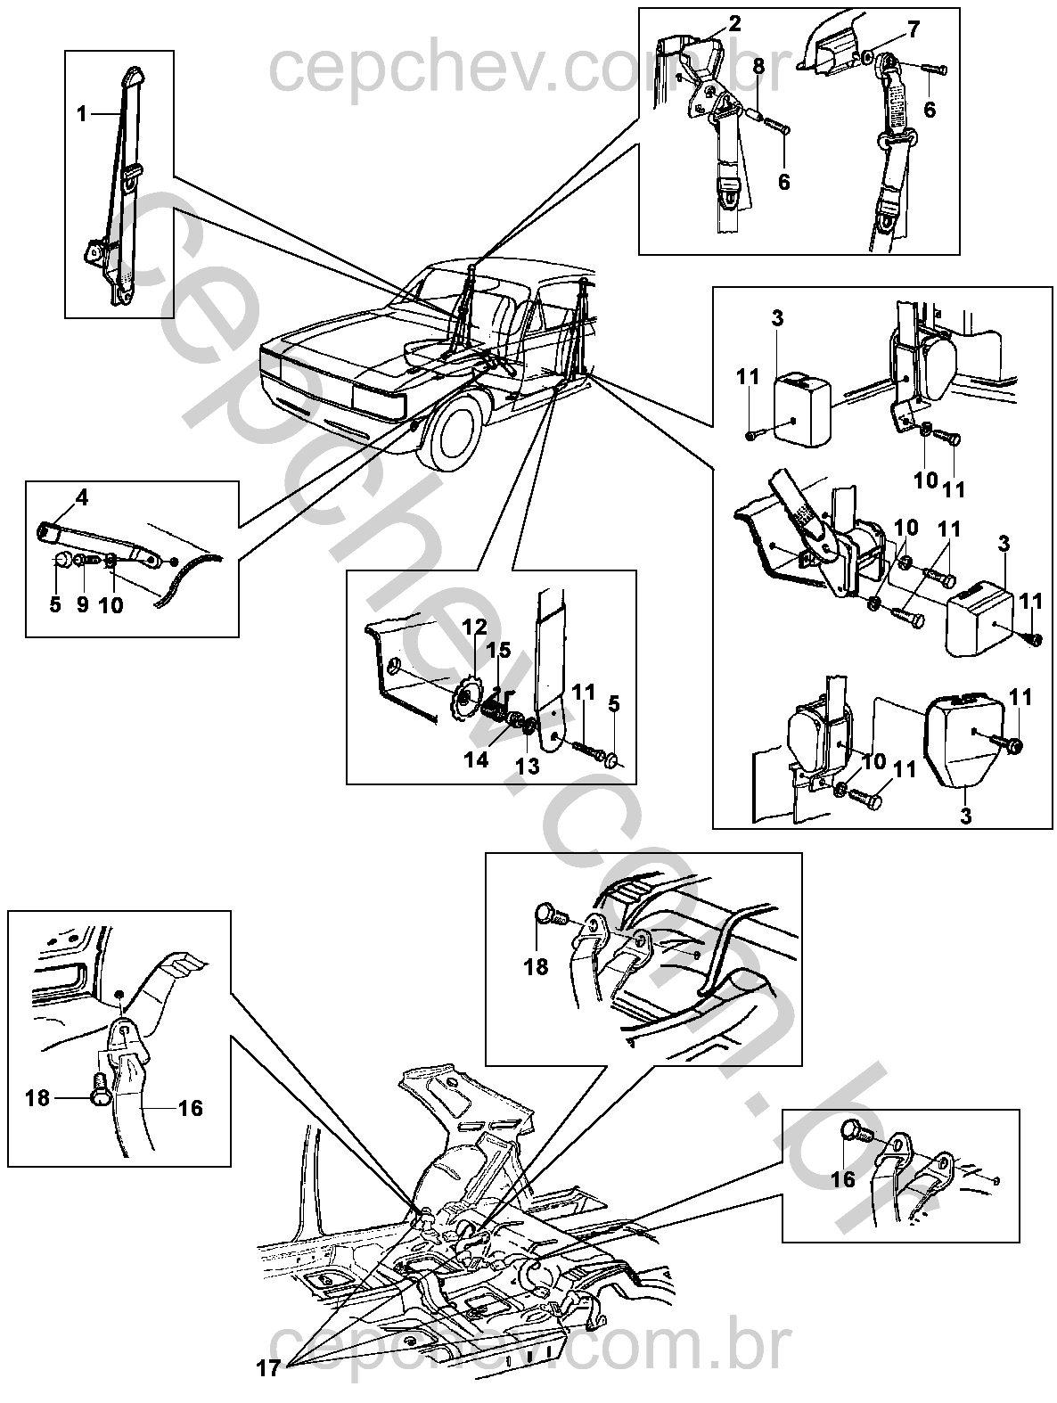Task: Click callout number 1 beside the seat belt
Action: pyautogui.click(x=81, y=114)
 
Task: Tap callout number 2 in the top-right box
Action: pyautogui.click(x=734, y=24)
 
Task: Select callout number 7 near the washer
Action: pyautogui.click(x=914, y=29)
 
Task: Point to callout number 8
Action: pyautogui.click(x=758, y=67)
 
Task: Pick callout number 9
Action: pyautogui.click(x=82, y=604)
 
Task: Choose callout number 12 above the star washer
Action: pyautogui.click(x=474, y=627)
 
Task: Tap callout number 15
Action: pyautogui.click(x=499, y=650)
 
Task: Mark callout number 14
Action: pyautogui.click(x=476, y=760)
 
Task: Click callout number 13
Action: pyautogui.click(x=528, y=767)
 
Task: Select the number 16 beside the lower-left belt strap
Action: pyautogui.click(x=191, y=1108)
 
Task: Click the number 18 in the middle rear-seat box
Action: pyautogui.click(x=537, y=967)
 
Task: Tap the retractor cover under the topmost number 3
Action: pyautogui.click(x=803, y=409)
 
